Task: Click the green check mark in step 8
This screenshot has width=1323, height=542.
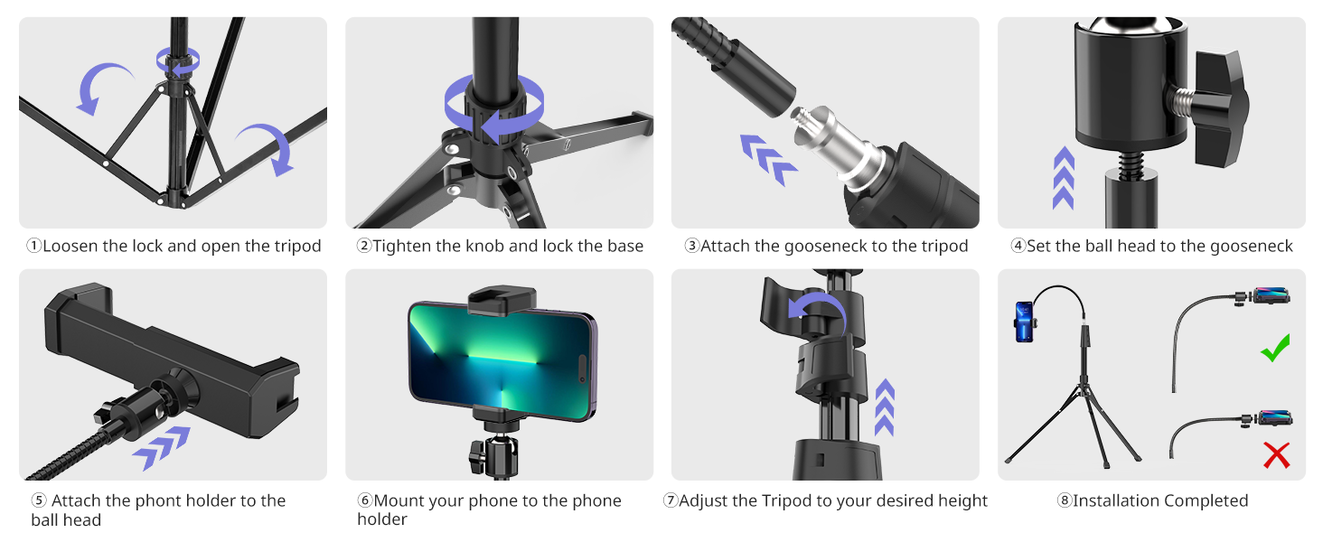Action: pyautogui.click(x=1275, y=348)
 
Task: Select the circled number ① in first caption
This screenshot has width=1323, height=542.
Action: pyautogui.click(x=33, y=247)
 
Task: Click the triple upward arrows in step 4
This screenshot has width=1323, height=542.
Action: pyautogui.click(x=1064, y=178)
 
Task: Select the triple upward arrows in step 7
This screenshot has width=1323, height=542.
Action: pyautogui.click(x=885, y=407)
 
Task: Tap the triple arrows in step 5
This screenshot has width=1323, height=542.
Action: pyautogui.click(x=162, y=448)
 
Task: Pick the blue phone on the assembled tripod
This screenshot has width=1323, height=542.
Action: pyautogui.click(x=1023, y=322)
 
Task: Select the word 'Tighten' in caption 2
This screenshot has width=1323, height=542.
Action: pyautogui.click(x=401, y=247)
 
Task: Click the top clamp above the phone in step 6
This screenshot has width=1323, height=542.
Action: pyautogui.click(x=497, y=300)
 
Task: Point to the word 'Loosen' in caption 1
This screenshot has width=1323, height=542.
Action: pyautogui.click(x=70, y=247)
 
